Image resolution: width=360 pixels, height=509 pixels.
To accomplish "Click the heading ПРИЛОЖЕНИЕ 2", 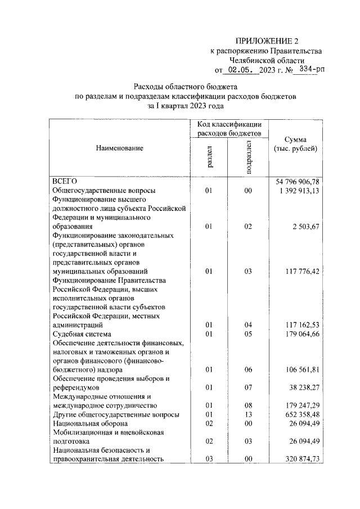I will pos(266,40).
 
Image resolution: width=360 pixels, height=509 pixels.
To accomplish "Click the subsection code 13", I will pos(248,415).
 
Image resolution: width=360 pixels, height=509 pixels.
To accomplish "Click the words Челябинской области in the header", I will pos(267,60).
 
